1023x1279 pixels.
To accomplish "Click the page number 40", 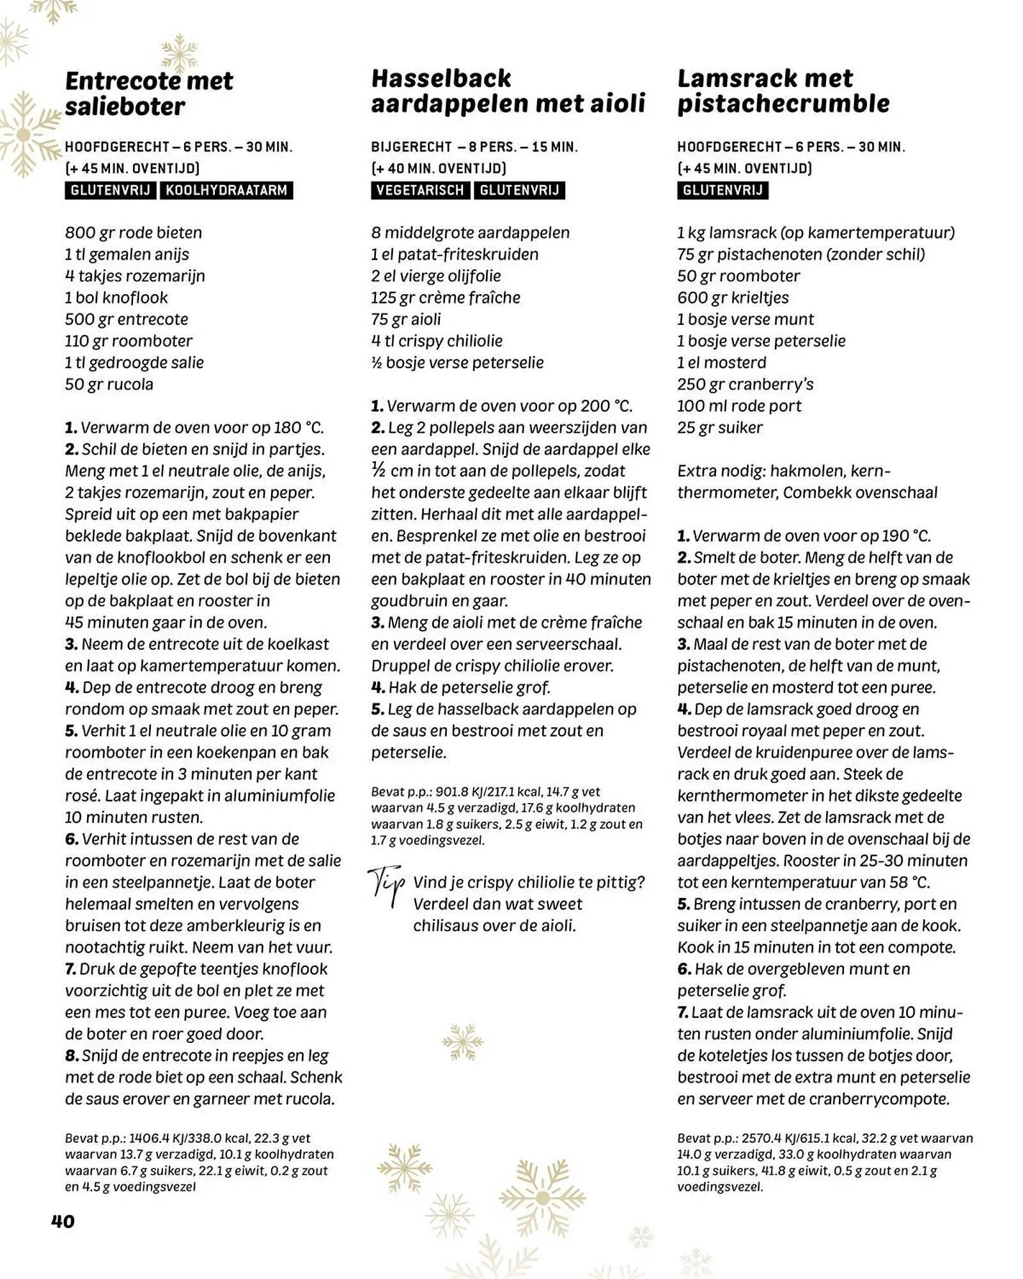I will click(x=63, y=1221).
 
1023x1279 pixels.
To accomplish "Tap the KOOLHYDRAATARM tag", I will click(x=226, y=190).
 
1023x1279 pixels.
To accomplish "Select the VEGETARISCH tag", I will click(x=419, y=190).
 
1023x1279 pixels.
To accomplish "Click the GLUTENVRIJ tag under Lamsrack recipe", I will click(x=722, y=190).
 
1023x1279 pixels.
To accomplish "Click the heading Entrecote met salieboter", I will click(x=149, y=93).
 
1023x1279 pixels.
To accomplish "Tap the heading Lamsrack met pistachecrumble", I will click(x=783, y=91).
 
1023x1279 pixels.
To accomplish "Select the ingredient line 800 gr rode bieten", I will click(x=133, y=232).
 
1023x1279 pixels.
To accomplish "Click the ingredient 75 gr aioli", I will click(x=405, y=319).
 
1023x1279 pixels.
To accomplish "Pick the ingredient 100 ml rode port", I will click(x=738, y=405).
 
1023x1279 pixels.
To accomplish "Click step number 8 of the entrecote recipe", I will click(x=72, y=1056).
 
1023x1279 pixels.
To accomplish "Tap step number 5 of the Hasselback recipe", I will click(x=377, y=709).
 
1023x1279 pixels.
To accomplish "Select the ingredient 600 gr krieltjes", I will click(x=733, y=297).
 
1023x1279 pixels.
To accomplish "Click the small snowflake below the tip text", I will click(x=462, y=1042).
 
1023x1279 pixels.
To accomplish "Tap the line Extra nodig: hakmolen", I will click(x=783, y=471).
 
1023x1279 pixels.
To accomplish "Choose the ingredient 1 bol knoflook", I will click(x=116, y=297).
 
